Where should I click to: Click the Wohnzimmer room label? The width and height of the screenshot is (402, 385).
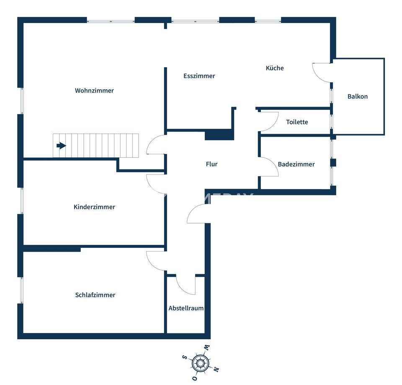tap(94, 91)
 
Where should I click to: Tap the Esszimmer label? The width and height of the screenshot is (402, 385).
tap(199, 76)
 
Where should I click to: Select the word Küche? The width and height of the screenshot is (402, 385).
tap(275, 68)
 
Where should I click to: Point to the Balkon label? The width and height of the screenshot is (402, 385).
tap(358, 96)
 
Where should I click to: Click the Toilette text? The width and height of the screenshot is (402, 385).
tap(297, 122)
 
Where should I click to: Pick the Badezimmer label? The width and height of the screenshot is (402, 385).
tap(296, 164)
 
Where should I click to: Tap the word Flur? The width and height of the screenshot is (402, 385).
tap(212, 164)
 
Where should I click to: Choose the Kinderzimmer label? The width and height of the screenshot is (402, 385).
tap(94, 207)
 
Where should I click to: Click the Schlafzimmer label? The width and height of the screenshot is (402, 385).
tap(95, 295)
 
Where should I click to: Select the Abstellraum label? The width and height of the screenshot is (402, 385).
tap(186, 308)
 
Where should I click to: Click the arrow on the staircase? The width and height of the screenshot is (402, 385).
tap(62, 146)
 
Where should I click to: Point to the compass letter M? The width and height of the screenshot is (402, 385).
tap(206, 348)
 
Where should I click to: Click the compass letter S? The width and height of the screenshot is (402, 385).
tap(184, 357)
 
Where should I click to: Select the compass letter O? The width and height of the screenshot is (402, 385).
tap(195, 378)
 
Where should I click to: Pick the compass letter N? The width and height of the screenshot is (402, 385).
tap(216, 369)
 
